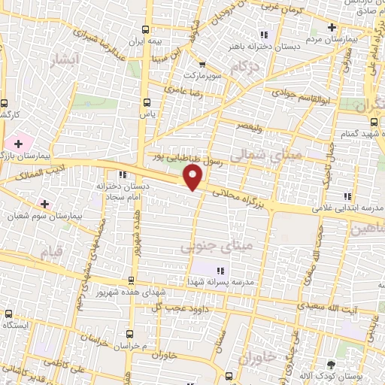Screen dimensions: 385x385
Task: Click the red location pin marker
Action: [194, 177]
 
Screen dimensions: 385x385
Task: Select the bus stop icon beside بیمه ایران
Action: [146, 30]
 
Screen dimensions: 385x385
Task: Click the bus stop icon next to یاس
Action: [146, 103]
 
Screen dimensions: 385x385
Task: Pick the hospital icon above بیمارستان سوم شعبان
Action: [44, 204]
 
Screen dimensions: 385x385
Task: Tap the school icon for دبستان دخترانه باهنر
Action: [262, 34]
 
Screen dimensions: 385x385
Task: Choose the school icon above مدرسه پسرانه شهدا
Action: [220, 271]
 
